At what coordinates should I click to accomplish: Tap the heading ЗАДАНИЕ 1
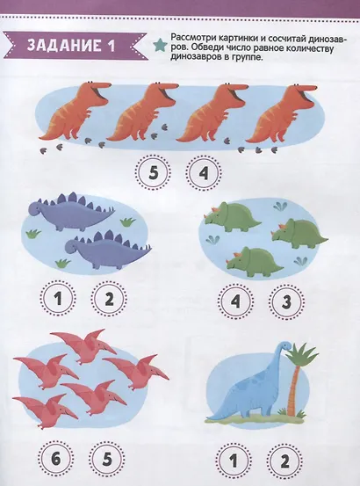click(71, 46)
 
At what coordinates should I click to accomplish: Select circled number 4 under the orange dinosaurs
click(204, 172)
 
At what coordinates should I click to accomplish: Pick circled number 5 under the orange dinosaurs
click(154, 172)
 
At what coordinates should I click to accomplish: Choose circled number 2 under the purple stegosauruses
click(109, 299)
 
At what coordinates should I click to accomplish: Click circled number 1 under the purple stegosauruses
click(58, 299)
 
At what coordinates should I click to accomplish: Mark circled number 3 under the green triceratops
click(286, 301)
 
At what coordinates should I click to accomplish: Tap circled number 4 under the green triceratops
click(235, 301)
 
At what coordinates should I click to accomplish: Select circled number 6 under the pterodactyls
click(56, 460)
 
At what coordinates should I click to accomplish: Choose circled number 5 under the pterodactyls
click(107, 460)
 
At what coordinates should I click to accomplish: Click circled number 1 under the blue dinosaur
click(234, 461)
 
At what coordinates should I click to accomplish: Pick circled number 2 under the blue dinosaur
click(284, 461)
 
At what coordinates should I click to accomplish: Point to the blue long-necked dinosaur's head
click(284, 346)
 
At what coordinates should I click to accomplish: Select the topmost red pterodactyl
click(83, 345)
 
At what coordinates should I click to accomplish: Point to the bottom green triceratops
click(254, 261)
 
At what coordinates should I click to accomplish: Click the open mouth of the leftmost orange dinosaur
click(99, 92)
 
